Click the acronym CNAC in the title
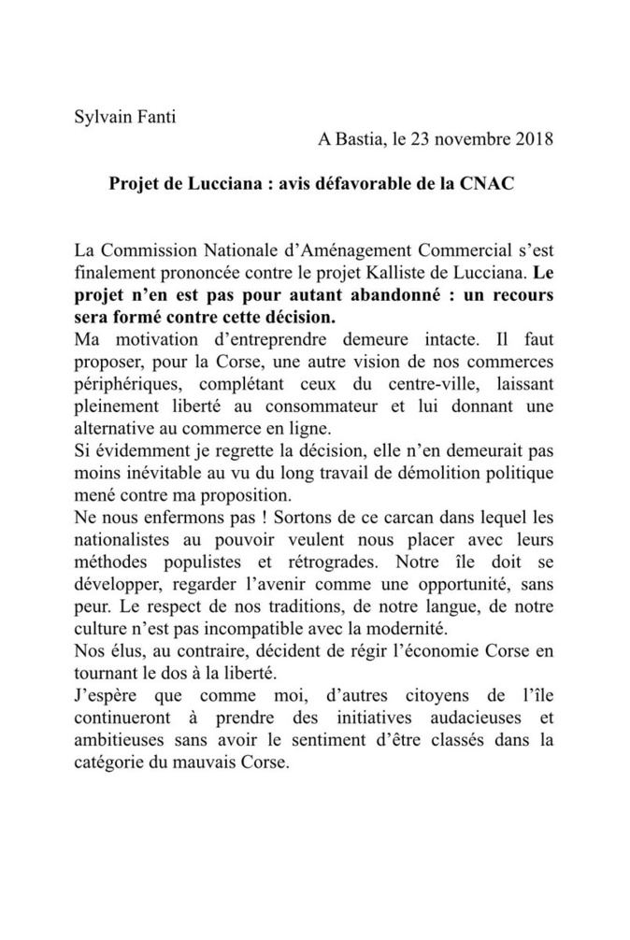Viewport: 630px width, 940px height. pyautogui.click(x=487, y=184)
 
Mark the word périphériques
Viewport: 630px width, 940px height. pyautogui.click(x=126, y=385)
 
